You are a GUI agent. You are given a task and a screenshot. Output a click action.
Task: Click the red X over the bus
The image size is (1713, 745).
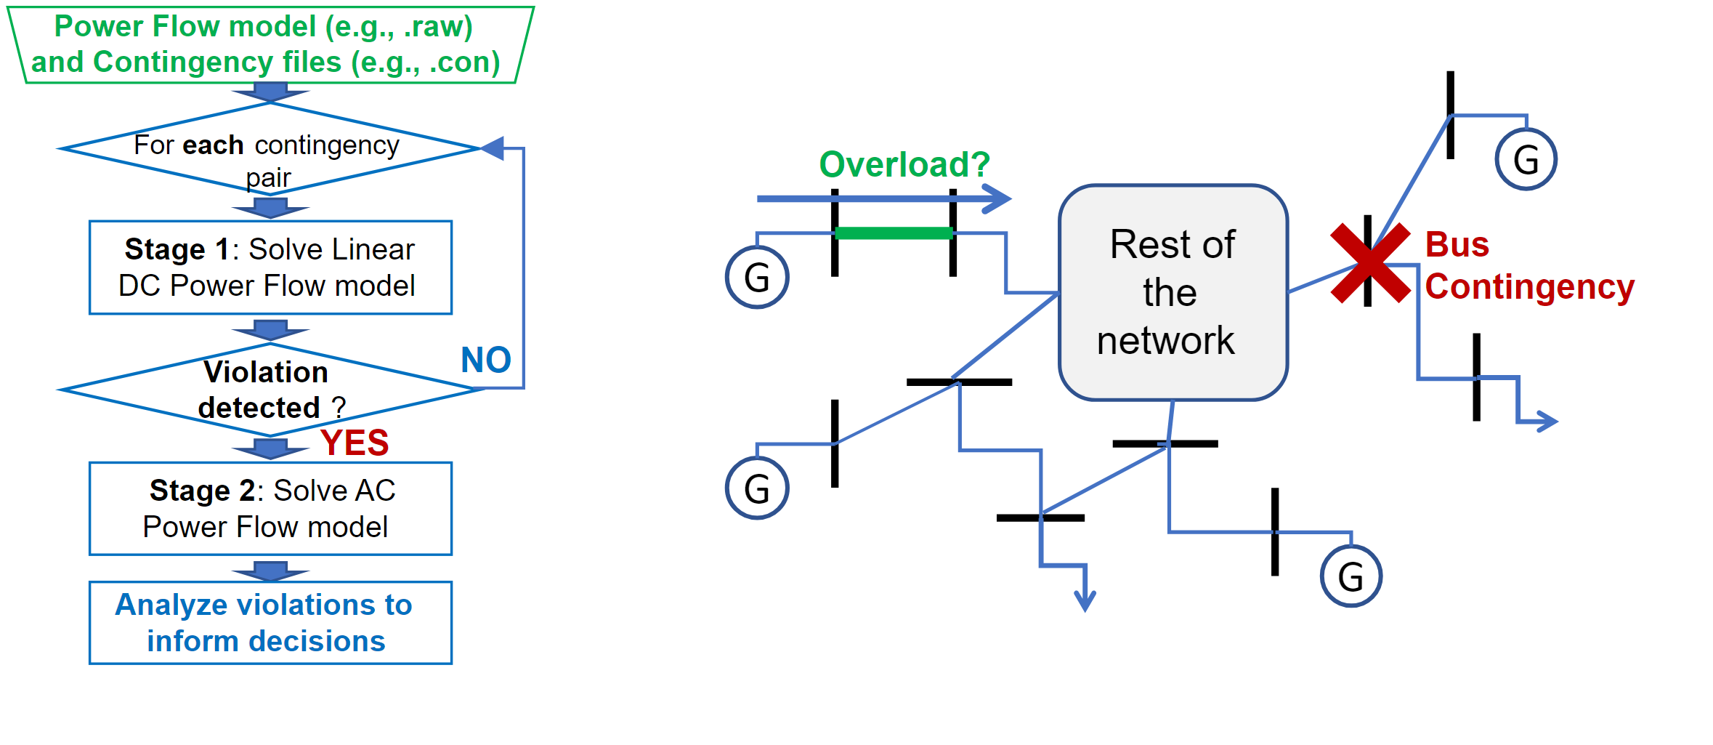pos(1370,263)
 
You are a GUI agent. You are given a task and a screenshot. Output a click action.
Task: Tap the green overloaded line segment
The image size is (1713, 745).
pos(894,233)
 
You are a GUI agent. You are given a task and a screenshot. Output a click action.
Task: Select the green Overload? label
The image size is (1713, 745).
pos(904,164)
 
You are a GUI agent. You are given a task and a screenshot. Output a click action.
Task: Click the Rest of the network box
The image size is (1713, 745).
pos(1173,292)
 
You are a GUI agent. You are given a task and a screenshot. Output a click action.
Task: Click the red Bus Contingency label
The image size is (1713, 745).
pos(1528,266)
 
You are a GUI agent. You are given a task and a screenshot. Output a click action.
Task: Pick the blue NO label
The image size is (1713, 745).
pos(486,360)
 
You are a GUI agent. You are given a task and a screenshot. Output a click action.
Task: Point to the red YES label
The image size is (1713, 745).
pos(355,443)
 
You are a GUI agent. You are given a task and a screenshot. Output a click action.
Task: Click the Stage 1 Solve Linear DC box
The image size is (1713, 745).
pos(270,267)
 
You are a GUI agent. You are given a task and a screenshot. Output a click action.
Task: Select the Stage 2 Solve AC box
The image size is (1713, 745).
pos(270,509)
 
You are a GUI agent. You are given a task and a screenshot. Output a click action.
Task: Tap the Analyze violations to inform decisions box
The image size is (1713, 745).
pos(270,623)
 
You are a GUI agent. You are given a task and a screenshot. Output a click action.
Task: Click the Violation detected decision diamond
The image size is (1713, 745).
pos(270,390)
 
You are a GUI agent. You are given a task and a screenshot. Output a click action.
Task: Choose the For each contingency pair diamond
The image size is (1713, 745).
pos(270,149)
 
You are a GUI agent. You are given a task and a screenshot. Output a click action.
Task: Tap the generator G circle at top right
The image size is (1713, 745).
pos(1526,160)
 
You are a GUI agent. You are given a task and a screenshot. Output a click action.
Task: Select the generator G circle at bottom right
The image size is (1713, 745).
pos(1350,576)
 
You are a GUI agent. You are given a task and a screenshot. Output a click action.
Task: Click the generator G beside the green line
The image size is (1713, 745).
pos(757,278)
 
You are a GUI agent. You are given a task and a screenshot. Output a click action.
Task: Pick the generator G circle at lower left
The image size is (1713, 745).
pos(757,488)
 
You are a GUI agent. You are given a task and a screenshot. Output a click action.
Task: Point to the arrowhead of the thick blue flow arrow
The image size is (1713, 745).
pos(999,198)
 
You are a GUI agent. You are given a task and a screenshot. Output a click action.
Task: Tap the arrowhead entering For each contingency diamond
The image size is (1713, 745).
pos(493,148)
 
